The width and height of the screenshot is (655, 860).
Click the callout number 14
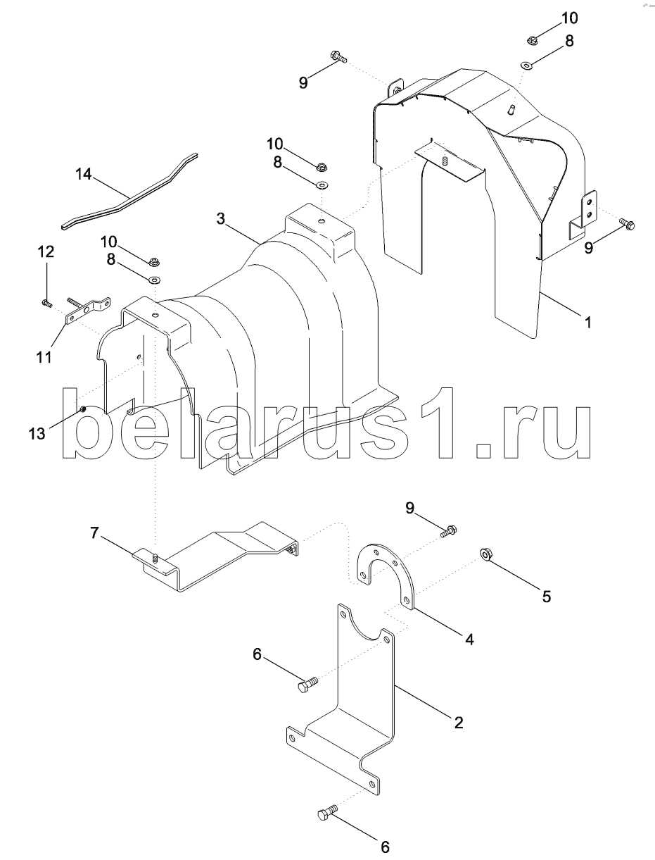[x=83, y=174]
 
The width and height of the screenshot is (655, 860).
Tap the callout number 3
[x=221, y=219]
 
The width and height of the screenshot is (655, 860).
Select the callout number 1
[x=587, y=323]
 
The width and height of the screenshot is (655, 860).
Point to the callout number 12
[x=46, y=252]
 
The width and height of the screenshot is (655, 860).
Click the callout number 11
[x=44, y=357]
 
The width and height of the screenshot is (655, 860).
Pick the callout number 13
[x=37, y=434]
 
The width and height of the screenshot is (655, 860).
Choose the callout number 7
[x=94, y=533]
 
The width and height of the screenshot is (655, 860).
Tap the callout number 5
[x=546, y=597]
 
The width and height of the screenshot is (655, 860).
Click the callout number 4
[x=469, y=640]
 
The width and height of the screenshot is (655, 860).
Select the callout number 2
[x=459, y=723]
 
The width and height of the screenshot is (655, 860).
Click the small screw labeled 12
[x=46, y=303]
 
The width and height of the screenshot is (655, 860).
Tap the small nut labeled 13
[x=83, y=410]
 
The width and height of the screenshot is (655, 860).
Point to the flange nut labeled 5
[x=485, y=554]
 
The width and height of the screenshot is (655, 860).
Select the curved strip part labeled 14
[x=130, y=192]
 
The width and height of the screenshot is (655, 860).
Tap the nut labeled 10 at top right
[x=532, y=39]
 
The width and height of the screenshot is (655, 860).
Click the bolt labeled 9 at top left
[x=338, y=57]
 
